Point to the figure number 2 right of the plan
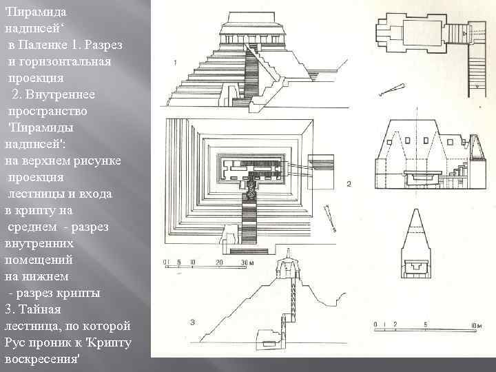point(349,184)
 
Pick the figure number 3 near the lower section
point(175,322)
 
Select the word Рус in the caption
point(15,342)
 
